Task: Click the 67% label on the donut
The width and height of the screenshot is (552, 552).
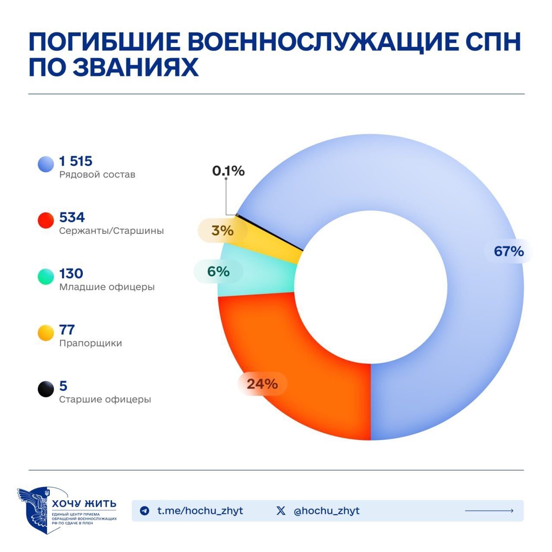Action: [x=508, y=251]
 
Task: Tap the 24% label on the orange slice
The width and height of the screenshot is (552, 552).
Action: [x=262, y=384]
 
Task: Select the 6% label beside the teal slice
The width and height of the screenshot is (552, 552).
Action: [x=218, y=271]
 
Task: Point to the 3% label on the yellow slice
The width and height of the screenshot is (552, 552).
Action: [x=223, y=231]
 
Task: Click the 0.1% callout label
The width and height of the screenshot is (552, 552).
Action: [x=228, y=171]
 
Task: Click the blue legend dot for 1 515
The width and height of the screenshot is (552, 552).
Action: [x=46, y=164]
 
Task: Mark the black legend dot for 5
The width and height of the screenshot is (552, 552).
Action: [x=46, y=389]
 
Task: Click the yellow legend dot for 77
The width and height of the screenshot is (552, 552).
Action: [x=46, y=332]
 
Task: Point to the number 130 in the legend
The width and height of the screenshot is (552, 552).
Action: [x=71, y=274]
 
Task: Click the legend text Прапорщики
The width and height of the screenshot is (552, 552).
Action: [x=91, y=343]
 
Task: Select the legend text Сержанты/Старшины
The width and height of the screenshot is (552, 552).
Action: [x=111, y=231]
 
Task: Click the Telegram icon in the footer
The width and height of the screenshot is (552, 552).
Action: [x=145, y=511]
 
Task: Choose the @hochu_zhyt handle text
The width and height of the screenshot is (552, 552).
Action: [x=326, y=511]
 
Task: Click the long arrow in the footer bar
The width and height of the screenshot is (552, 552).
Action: [x=489, y=511]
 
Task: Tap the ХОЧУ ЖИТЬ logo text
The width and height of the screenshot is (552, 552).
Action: [x=84, y=504]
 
